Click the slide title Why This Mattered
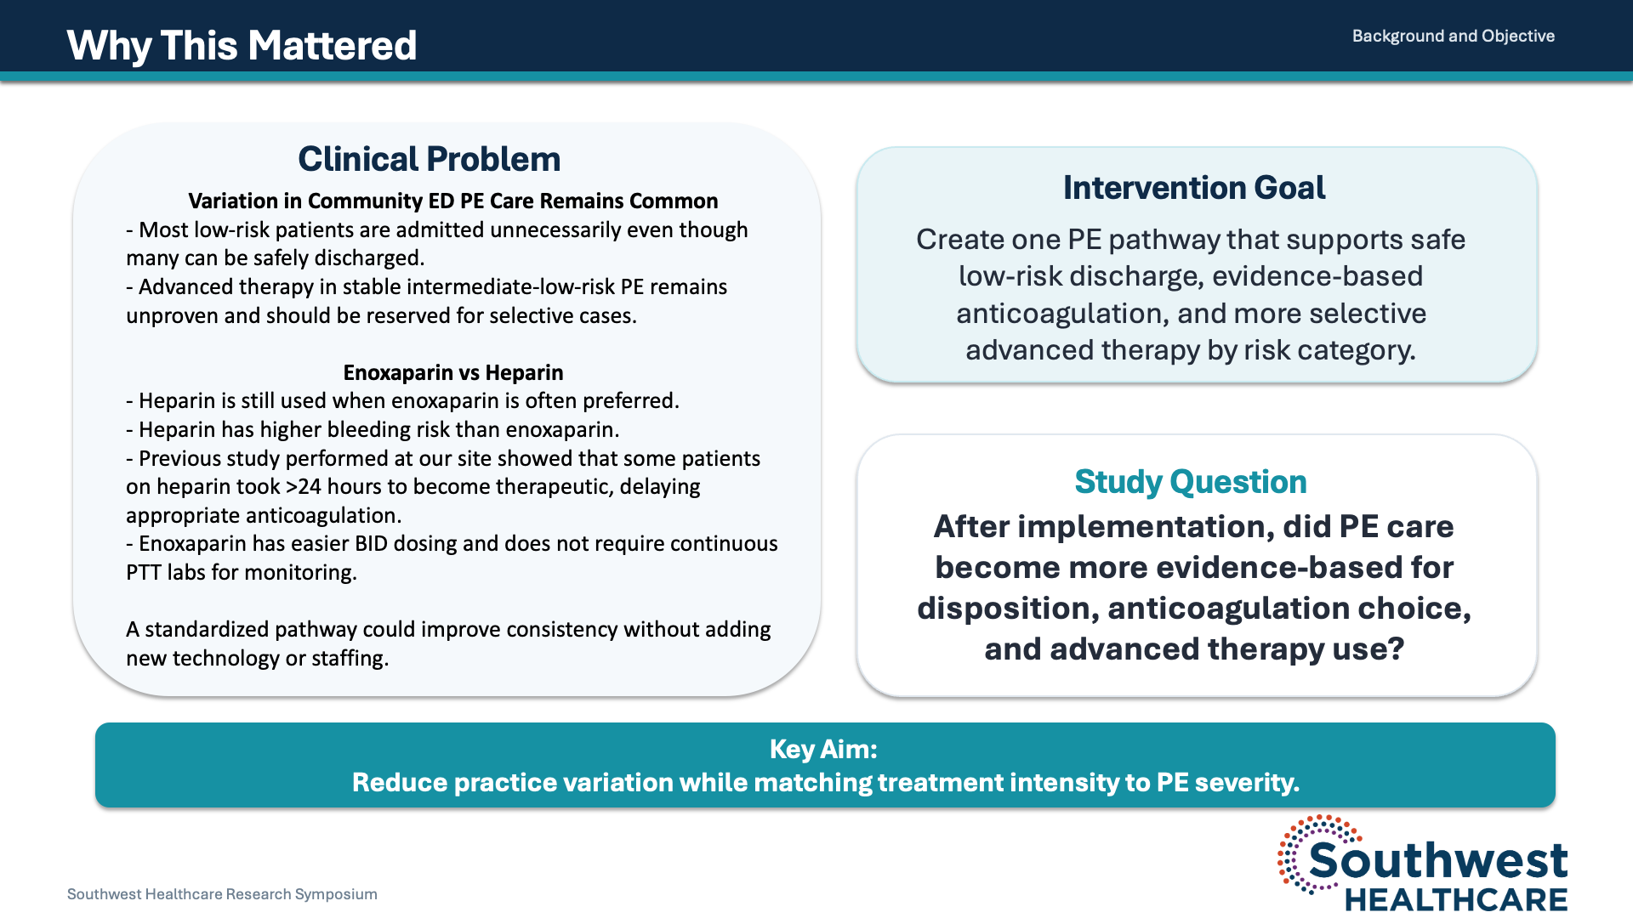tap(242, 46)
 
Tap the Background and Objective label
tap(1453, 36)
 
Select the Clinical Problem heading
tap(429, 159)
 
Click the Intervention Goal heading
tap(1193, 188)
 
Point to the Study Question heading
tap(1190, 482)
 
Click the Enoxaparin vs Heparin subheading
tap(452, 372)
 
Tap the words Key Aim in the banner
tap(822, 749)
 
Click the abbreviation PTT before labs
tap(144, 572)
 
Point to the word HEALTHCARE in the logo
tap(1455, 899)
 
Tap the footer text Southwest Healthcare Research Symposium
tap(222, 894)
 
